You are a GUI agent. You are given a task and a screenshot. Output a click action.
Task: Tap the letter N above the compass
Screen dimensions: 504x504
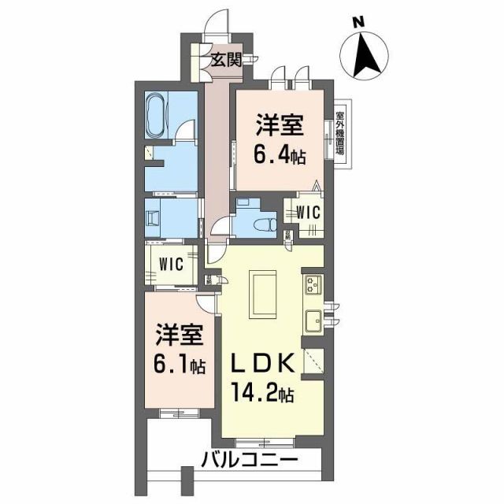[357, 23]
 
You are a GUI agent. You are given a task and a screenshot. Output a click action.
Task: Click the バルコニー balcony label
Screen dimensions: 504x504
[248, 458]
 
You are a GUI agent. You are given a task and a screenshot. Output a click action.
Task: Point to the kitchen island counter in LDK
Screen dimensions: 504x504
[262, 288]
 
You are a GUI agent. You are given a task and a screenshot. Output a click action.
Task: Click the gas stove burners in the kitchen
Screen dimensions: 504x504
[310, 285]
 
